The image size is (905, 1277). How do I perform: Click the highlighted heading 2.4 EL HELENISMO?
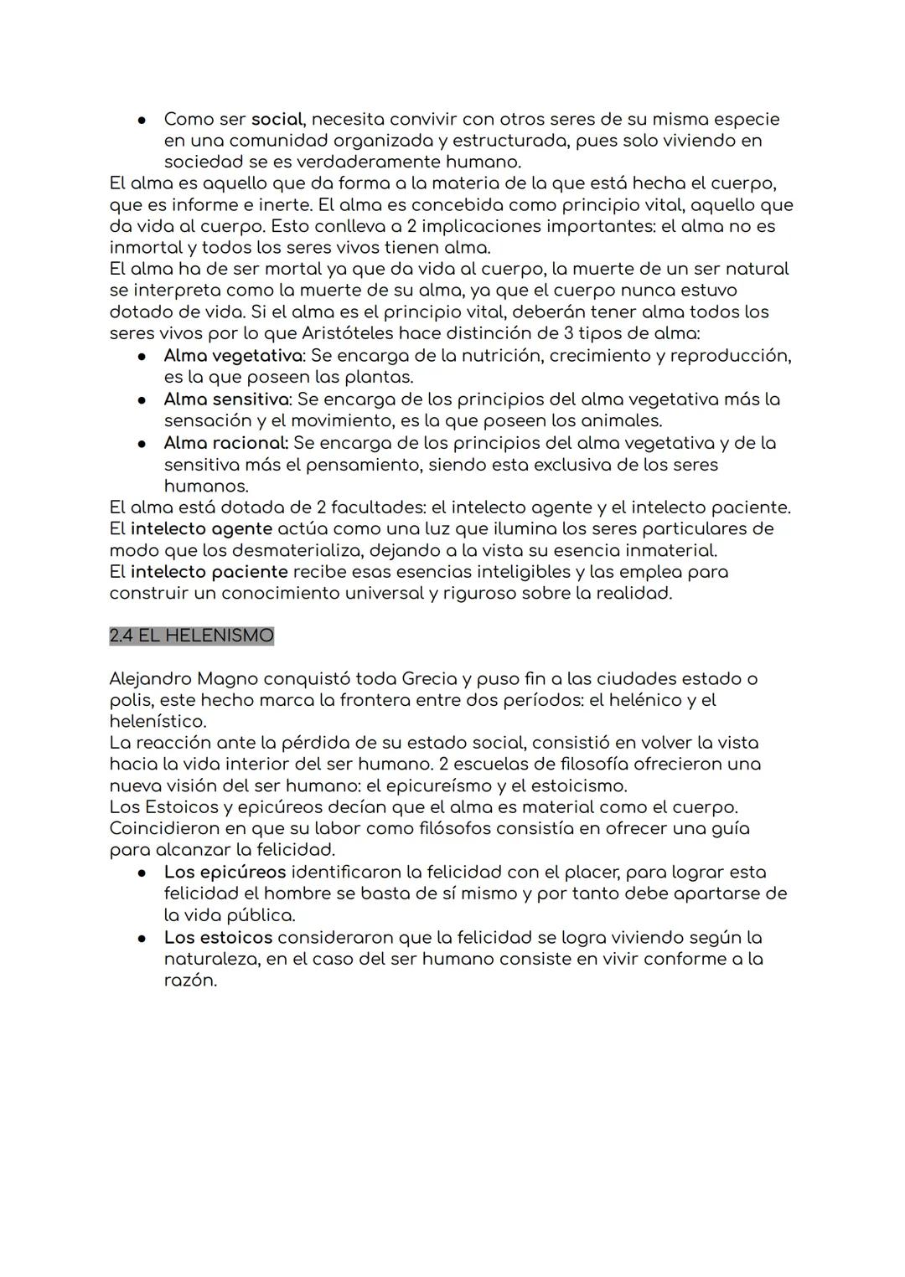(191, 636)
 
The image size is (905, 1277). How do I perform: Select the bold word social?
(277, 120)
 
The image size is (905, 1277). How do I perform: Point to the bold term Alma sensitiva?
(226, 399)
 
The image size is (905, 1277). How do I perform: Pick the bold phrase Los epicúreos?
(225, 872)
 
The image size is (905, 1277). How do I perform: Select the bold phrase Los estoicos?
(218, 937)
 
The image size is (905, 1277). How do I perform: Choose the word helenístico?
(157, 722)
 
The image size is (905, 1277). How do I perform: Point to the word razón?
(189, 981)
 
